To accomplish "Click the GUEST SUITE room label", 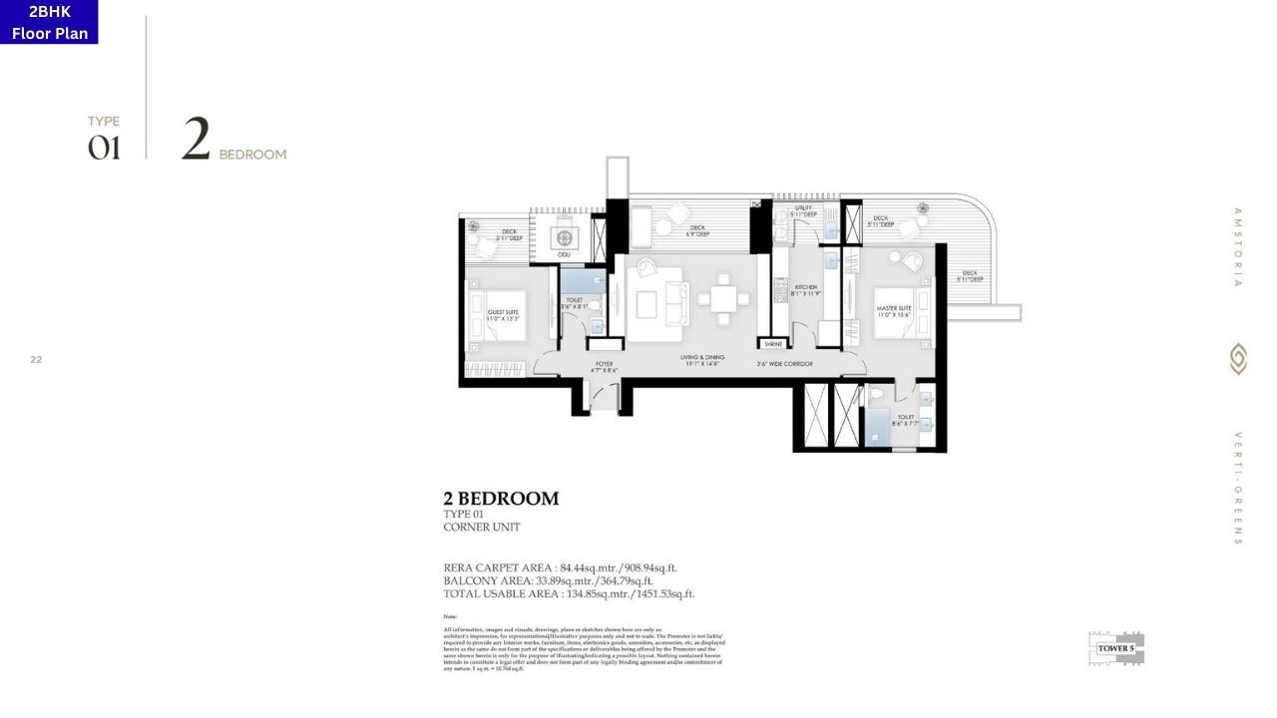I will coord(503,314).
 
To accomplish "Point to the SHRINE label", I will coord(772,343).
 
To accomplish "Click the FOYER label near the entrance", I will coord(605,366).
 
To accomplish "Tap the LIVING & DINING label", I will coord(703,360).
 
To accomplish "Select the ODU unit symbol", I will coord(565,239).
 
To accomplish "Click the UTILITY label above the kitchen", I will coord(804,210).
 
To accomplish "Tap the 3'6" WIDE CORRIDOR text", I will coord(785,364).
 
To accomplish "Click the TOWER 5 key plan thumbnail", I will coord(1116,647).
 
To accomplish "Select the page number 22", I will coord(36,359).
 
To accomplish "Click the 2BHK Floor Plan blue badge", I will coord(49,22).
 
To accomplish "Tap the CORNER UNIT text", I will coord(481,528).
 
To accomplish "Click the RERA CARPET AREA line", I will coord(560,567).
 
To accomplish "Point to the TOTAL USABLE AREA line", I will coord(569,593).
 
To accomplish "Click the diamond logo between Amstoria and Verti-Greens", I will coord(1238,359).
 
